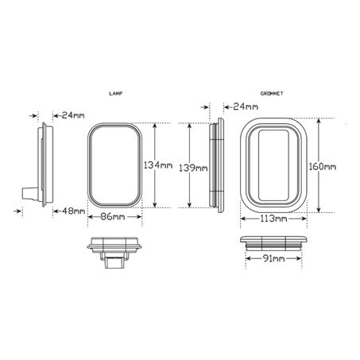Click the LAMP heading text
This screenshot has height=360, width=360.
tap(115, 93)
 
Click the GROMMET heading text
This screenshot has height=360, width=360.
tap(272, 93)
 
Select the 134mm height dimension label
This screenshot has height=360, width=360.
tap(157, 165)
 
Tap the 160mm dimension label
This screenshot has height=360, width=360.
tap(323, 167)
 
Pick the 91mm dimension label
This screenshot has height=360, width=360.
tap(273, 259)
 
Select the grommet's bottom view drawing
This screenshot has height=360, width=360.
tap(274, 241)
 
